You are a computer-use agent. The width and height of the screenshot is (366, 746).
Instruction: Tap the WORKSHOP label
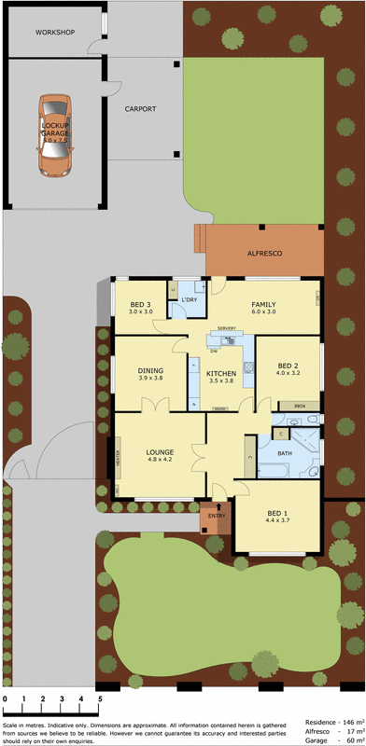tap(54, 32)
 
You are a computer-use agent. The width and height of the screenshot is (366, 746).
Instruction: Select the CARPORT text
tap(140, 109)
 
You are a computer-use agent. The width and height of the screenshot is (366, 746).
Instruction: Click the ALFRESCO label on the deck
tap(264, 253)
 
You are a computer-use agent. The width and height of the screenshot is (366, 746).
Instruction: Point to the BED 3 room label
tap(141, 305)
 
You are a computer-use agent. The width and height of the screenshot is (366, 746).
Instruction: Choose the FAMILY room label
tap(263, 305)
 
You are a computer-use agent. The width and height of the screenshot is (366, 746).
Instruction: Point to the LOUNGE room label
tap(160, 452)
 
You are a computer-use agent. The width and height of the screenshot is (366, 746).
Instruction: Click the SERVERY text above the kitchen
tap(225, 329)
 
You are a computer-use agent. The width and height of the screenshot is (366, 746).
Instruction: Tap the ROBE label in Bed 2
tap(299, 406)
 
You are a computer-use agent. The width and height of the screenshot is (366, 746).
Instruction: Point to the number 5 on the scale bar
tap(100, 698)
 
